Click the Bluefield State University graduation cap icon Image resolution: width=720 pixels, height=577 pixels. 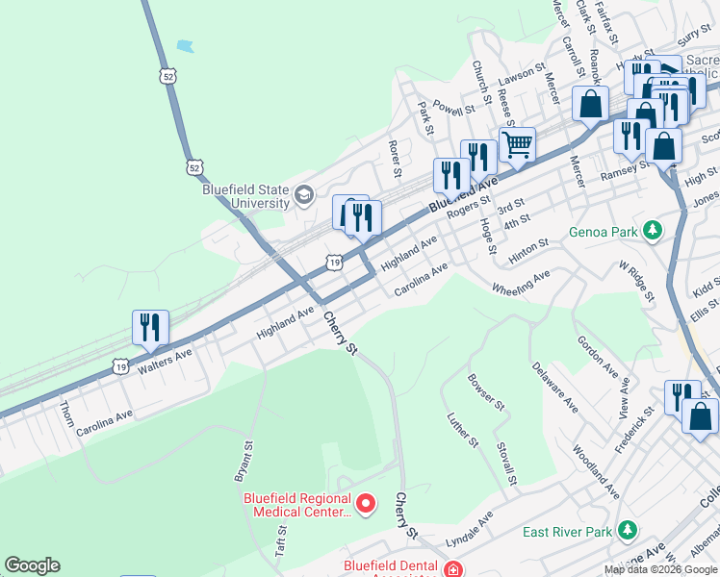(x=304, y=196)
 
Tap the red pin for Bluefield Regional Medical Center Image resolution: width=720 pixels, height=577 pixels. (x=366, y=503)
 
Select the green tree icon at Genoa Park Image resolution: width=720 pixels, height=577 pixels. (x=654, y=231)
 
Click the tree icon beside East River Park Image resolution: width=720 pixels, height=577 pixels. (x=628, y=531)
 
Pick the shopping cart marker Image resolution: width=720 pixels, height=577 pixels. (x=517, y=145)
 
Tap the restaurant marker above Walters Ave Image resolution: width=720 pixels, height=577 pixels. (x=150, y=327)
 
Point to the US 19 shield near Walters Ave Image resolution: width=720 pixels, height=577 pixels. (x=120, y=366)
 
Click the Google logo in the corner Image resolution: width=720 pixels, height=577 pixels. (x=32, y=565)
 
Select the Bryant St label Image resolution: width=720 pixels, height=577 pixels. (x=242, y=461)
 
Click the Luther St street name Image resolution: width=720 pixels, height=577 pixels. (x=463, y=429)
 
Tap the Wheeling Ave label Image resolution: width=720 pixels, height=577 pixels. (x=521, y=282)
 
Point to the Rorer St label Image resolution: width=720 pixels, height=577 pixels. (x=394, y=159)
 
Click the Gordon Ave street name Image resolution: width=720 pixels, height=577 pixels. (x=597, y=356)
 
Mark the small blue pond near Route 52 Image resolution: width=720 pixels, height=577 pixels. (x=185, y=45)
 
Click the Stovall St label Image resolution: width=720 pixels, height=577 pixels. (x=507, y=464)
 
